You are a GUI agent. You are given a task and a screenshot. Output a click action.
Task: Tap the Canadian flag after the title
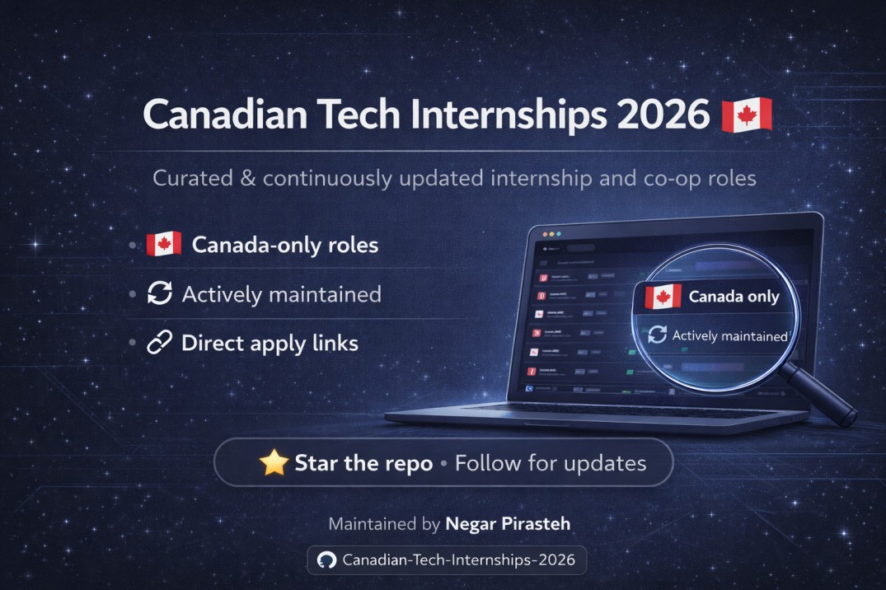coord(747,115)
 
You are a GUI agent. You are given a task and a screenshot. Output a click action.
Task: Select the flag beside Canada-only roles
coord(163,245)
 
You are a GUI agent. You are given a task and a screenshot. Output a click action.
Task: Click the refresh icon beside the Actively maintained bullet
coord(159,294)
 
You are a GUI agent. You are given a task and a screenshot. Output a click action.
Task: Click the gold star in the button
coord(273,463)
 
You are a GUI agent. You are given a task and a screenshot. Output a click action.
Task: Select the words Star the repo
coord(363,463)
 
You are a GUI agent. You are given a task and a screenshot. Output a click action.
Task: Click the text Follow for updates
coord(551,463)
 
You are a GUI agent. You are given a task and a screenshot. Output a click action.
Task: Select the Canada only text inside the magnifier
coord(734,297)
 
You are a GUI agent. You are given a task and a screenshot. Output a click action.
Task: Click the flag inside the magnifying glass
coord(663,297)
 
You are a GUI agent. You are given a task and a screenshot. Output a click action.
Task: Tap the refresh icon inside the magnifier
coord(657,335)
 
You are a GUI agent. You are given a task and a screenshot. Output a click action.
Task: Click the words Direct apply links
coord(270,344)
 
